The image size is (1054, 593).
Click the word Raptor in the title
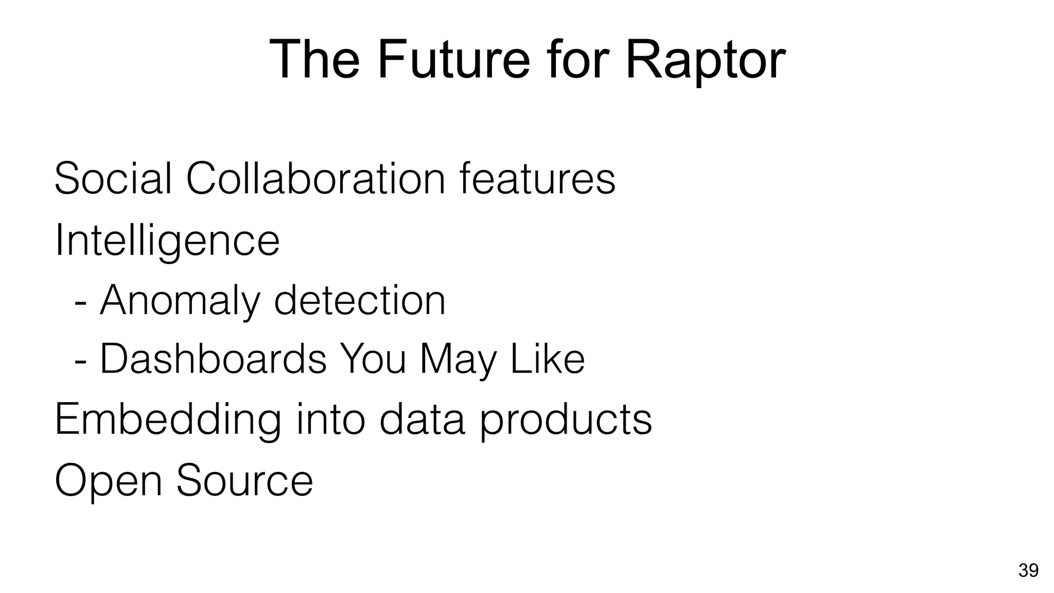(x=705, y=61)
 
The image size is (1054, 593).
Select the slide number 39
(x=1028, y=571)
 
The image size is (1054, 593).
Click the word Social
(x=113, y=179)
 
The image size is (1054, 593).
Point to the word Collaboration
(x=315, y=179)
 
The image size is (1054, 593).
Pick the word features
(x=537, y=179)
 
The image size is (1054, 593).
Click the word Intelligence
(x=167, y=241)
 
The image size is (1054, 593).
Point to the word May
(x=458, y=360)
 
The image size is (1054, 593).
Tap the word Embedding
(x=168, y=420)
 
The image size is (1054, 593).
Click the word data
(x=422, y=420)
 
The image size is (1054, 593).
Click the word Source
(x=245, y=480)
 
